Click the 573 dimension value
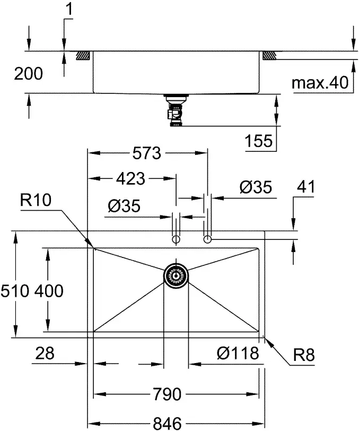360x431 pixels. click(146, 154)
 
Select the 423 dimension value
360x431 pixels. click(130, 179)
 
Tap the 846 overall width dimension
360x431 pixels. click(168, 423)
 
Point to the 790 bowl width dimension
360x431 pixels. click(168, 395)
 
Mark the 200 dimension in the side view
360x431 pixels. click(28, 74)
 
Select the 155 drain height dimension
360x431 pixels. click(259, 141)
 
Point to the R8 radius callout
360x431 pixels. click(304, 355)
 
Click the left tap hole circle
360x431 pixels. click(175, 240)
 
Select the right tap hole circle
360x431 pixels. click(208, 240)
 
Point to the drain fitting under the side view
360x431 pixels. click(175, 111)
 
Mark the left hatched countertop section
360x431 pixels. click(82, 55)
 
